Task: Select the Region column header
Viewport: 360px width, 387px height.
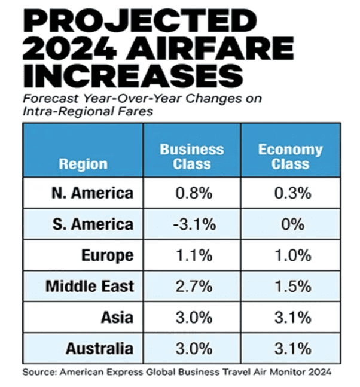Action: click(x=84, y=164)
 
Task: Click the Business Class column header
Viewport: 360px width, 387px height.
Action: click(x=192, y=157)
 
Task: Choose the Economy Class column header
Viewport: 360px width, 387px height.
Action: click(x=290, y=157)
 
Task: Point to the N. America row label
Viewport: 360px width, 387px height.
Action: click(x=91, y=194)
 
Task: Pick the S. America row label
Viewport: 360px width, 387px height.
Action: click(x=91, y=225)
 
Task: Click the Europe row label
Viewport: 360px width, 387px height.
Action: click(x=108, y=255)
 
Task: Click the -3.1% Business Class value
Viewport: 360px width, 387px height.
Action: click(x=192, y=225)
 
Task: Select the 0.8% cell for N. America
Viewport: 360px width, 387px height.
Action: click(x=192, y=194)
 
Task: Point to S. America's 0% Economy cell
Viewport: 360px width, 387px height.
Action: click(x=290, y=225)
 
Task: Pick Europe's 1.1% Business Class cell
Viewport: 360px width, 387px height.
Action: click(x=192, y=255)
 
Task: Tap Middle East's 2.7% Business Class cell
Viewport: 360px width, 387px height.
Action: click(x=192, y=287)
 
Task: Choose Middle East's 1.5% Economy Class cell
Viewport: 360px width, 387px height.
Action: click(x=290, y=287)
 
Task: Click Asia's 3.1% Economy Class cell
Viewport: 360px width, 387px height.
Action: click(x=290, y=317)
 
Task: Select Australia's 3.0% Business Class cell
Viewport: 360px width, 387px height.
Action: click(x=192, y=348)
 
